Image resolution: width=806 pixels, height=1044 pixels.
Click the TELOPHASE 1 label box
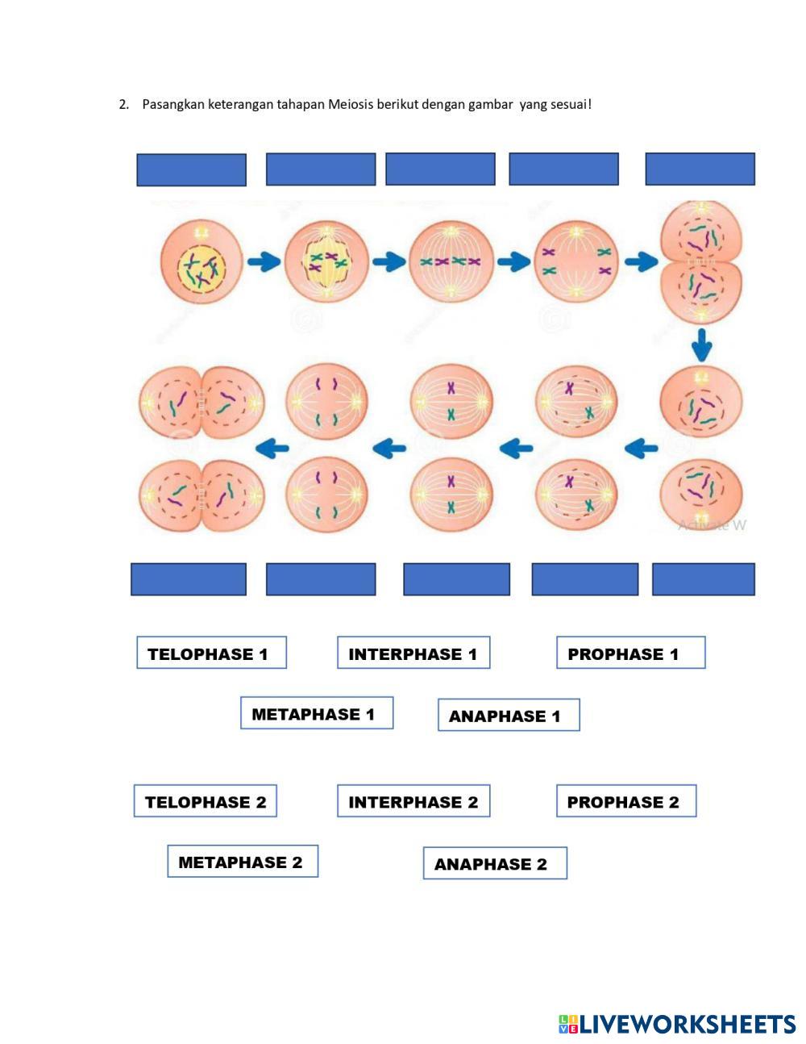pyautogui.click(x=211, y=653)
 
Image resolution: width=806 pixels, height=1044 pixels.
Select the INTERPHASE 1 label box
pyautogui.click(x=413, y=653)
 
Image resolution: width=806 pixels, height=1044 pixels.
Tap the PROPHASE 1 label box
pyautogui.click(x=630, y=653)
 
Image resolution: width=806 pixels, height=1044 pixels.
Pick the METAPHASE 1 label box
pyautogui.click(x=317, y=713)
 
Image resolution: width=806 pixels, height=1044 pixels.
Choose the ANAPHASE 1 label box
pyautogui.click(x=509, y=716)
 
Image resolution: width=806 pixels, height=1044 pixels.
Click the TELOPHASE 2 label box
pyautogui.click(x=206, y=801)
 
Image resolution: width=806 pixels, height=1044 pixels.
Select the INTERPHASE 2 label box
pyautogui.click(x=413, y=801)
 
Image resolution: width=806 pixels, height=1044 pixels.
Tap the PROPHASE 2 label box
pyautogui.click(x=626, y=801)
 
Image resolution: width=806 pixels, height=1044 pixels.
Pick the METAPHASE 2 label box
pyautogui.click(x=243, y=862)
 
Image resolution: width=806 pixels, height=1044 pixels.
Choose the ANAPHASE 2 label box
pyautogui.click(x=495, y=863)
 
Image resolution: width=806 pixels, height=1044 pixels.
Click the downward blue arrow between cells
pyautogui.click(x=701, y=345)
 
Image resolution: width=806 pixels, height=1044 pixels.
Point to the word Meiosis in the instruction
pyautogui.click(x=351, y=104)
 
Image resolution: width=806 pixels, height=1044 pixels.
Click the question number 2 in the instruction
pyautogui.click(x=123, y=104)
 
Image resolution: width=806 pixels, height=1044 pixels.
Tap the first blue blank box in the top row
pyautogui.click(x=191, y=170)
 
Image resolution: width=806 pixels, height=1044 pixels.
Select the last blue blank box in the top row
pyautogui.click(x=700, y=169)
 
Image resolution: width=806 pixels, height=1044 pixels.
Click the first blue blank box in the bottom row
pyautogui.click(x=189, y=579)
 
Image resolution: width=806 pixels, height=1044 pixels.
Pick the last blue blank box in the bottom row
pyautogui.click(x=703, y=579)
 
